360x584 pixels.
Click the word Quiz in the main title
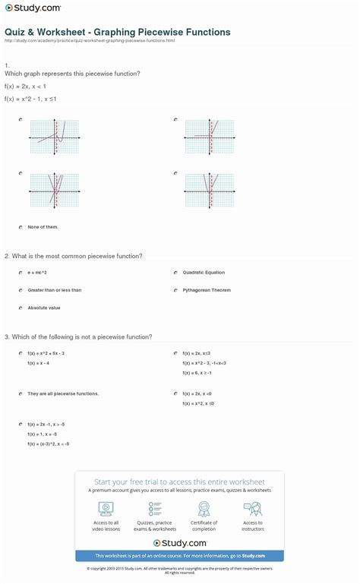click(x=14, y=33)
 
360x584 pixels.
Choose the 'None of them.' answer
click(x=43, y=226)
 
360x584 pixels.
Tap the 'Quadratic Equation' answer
click(x=203, y=272)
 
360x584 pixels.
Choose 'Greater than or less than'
click(x=54, y=289)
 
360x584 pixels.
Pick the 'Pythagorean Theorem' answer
click(x=206, y=289)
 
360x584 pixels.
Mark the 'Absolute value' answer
click(x=43, y=308)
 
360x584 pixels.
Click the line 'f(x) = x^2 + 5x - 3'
click(x=46, y=353)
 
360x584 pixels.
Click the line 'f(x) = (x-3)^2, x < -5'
click(x=48, y=443)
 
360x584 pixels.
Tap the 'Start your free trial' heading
click(x=179, y=481)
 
